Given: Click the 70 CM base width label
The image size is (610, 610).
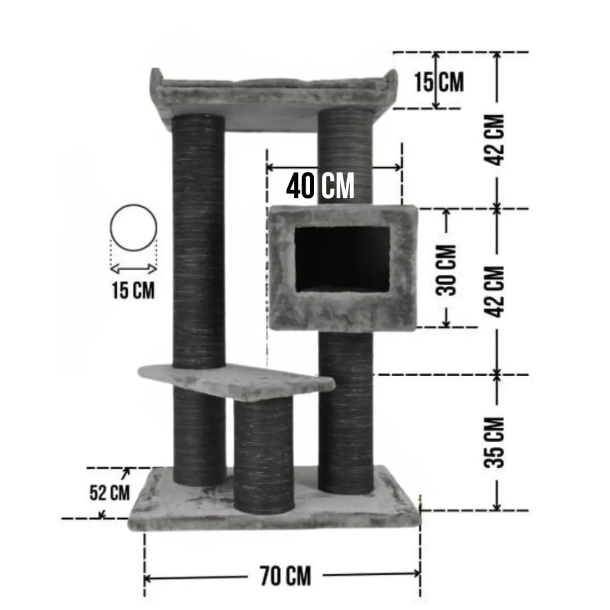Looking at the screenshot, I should [x=285, y=576].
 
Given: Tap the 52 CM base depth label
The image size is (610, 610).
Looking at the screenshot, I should [x=109, y=493].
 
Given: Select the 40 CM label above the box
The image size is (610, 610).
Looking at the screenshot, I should [x=320, y=186].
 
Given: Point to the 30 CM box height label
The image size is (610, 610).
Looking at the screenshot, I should [x=447, y=270].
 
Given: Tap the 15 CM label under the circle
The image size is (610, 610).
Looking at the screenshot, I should [x=133, y=291].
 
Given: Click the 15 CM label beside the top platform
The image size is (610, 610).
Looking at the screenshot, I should [x=438, y=82].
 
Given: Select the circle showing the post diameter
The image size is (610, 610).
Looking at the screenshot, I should [x=134, y=228].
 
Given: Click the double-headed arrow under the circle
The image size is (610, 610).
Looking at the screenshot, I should [x=134, y=268].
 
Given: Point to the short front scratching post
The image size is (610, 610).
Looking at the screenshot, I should [x=263, y=452].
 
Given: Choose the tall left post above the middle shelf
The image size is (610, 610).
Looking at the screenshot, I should [x=199, y=239].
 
